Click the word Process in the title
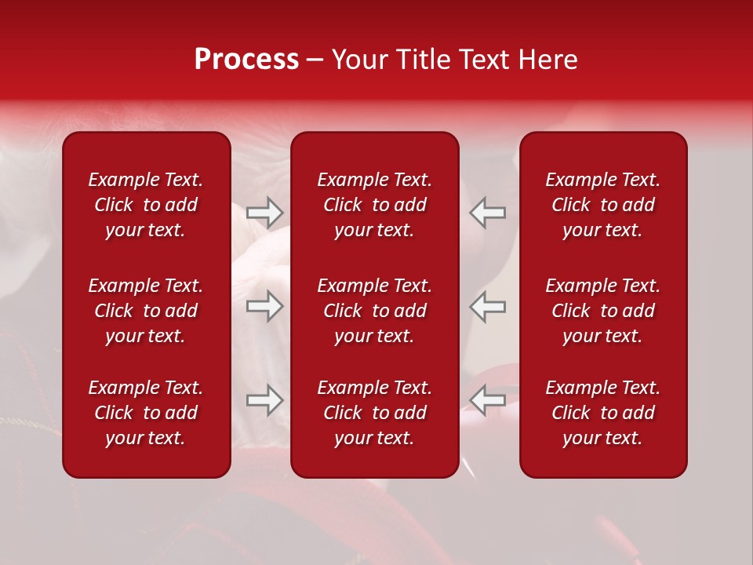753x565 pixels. coord(246,60)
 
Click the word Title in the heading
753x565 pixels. coord(424,60)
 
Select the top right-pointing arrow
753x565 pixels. coord(265,213)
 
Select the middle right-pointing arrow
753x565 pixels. coord(265,306)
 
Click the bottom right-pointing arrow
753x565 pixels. coord(265,400)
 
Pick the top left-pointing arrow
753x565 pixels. coord(488,213)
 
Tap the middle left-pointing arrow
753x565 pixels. coord(488,306)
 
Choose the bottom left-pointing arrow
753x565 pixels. coord(488,400)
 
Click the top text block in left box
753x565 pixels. coord(146,205)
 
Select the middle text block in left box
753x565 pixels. coord(146,311)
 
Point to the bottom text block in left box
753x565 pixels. coord(146,413)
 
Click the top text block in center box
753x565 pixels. coord(375,205)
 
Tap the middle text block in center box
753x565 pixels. coord(375,311)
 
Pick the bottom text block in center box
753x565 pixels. coord(375,413)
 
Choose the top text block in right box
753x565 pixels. coord(603,205)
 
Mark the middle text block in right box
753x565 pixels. coord(603,311)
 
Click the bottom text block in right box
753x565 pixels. coord(603,413)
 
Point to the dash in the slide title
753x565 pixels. coord(315,61)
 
